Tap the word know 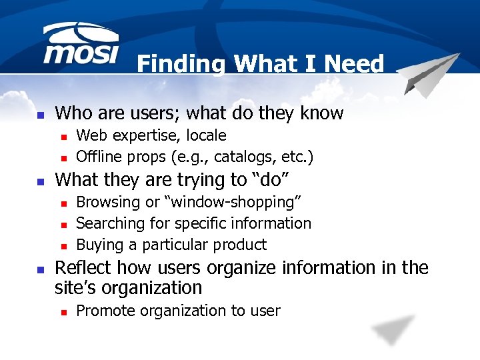321,113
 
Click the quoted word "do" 273,179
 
